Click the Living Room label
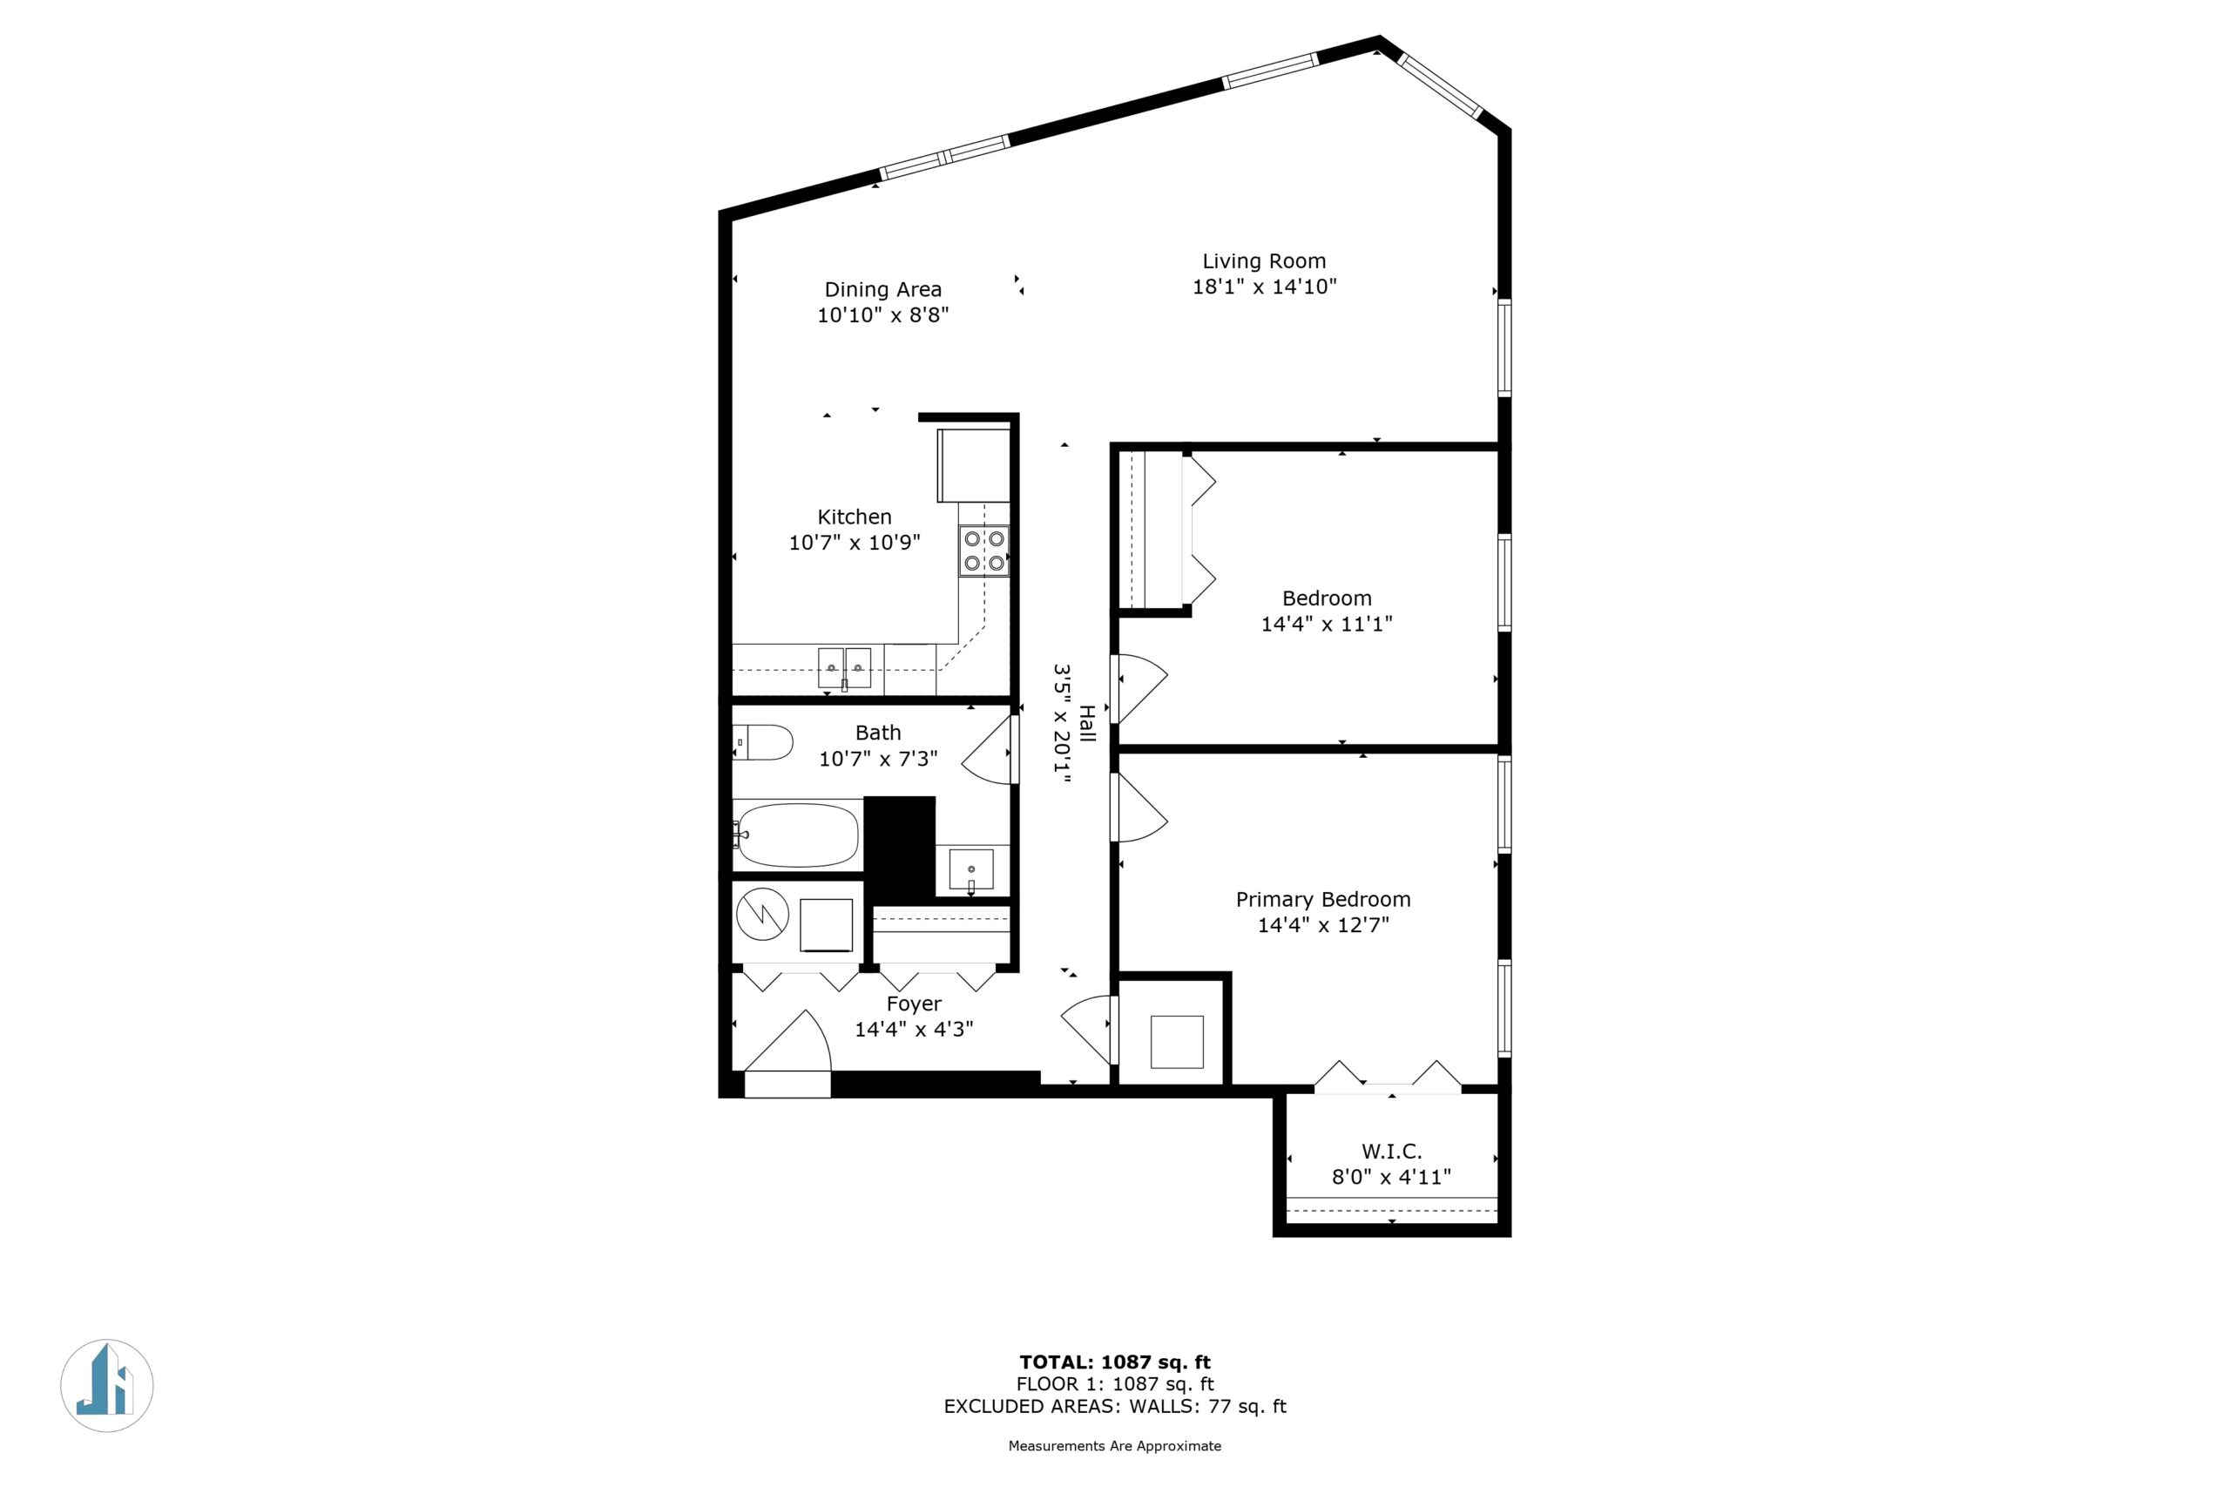point(1264,260)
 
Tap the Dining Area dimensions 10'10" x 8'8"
point(882,314)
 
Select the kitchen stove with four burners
point(983,551)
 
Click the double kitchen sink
point(845,667)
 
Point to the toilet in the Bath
point(762,742)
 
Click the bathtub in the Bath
point(797,835)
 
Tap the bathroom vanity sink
point(971,869)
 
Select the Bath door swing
point(989,749)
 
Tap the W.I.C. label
point(1392,1152)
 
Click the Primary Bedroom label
point(1322,899)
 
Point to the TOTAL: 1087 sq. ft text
point(1115,1362)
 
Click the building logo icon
point(107,1386)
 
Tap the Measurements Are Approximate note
point(1115,1446)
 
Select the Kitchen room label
point(855,517)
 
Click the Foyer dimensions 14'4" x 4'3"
point(914,1029)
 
